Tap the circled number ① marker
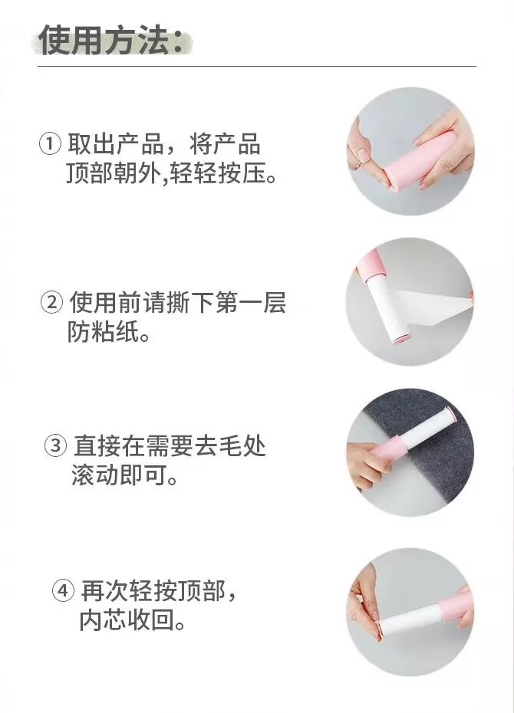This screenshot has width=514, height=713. [x=50, y=145]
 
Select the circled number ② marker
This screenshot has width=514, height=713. [x=52, y=302]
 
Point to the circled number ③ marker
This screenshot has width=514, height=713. [x=55, y=445]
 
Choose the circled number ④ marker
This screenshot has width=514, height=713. [x=63, y=590]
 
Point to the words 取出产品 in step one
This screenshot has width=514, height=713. [x=116, y=144]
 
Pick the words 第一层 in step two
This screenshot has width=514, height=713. [x=251, y=302]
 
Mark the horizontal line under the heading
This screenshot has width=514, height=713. [x=257, y=67]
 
